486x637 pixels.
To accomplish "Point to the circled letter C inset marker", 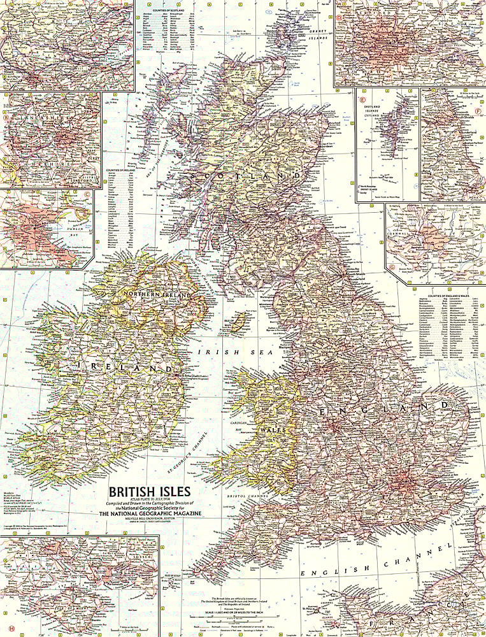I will coord(87,195).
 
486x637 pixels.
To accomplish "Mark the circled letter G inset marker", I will coord(391,278).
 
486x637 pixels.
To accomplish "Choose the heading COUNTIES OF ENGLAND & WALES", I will coord(453,296).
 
